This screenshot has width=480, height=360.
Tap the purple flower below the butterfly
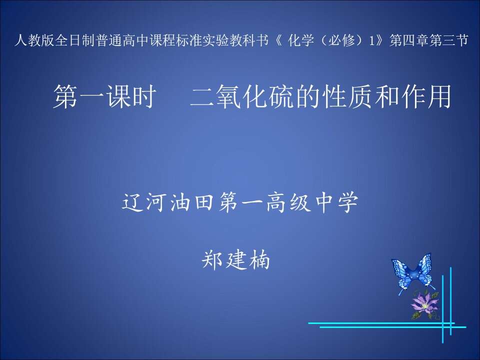tap(424, 304)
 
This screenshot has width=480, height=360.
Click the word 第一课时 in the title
tap(104, 96)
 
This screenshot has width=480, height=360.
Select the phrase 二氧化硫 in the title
tap(241, 96)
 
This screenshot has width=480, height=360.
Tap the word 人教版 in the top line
tap(34, 40)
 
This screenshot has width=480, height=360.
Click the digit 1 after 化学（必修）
tap(371, 40)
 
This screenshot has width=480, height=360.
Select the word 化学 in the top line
tap(301, 40)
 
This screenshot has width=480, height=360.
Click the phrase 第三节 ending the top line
tap(448, 40)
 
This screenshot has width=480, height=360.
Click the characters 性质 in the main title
tap(346, 96)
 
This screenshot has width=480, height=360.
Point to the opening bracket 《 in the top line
tap(279, 40)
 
